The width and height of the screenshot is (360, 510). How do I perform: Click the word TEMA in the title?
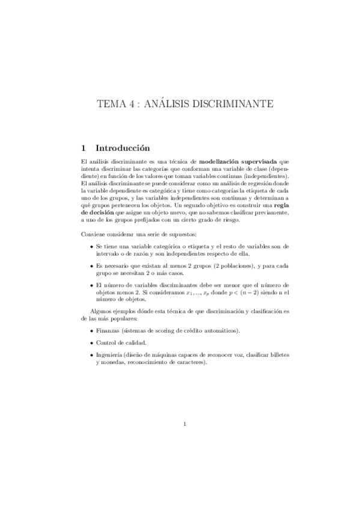110,104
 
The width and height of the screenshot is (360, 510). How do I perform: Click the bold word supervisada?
260,162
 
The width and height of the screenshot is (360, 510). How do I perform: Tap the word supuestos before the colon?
175,233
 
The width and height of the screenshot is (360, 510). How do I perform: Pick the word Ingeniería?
111,355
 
